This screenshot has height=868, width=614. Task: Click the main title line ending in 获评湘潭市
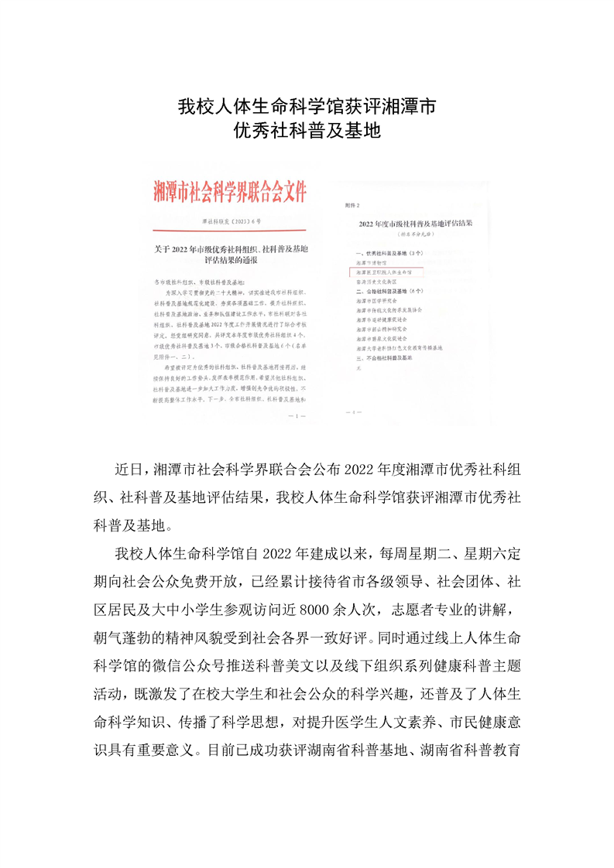pos(307,106)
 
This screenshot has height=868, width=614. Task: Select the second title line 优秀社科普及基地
pos(307,131)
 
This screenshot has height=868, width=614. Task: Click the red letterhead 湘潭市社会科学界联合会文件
pos(230,190)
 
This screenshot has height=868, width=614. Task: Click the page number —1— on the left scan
pos(297,416)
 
